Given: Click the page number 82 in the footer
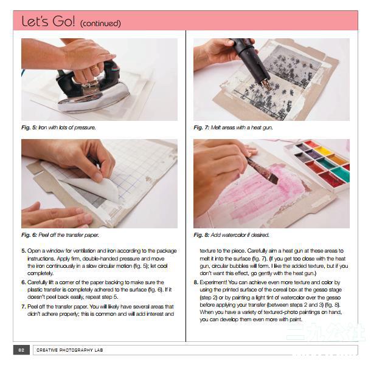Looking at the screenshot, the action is tap(21, 350).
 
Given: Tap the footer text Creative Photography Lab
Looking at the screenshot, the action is tap(70, 350).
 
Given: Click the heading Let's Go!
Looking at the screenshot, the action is tap(48, 21).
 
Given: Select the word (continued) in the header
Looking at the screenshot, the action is tap(100, 24).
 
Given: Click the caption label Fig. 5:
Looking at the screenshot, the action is tap(29, 128).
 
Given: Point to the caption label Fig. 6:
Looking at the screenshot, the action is tap(29, 235).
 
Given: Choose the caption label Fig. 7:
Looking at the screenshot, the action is tap(201, 128).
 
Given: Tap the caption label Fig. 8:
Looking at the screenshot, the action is tap(201, 235).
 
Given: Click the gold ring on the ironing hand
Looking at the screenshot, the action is tap(94, 69).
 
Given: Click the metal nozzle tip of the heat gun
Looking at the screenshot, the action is tap(266, 84).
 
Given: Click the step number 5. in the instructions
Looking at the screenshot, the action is tap(24, 251).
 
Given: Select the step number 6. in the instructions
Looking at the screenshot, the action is tap(24, 282).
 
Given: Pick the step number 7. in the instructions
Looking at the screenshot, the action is tap(24, 307).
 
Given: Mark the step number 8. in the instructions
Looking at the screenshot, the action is tap(196, 282).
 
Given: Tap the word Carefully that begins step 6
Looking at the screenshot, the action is tap(37, 282).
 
